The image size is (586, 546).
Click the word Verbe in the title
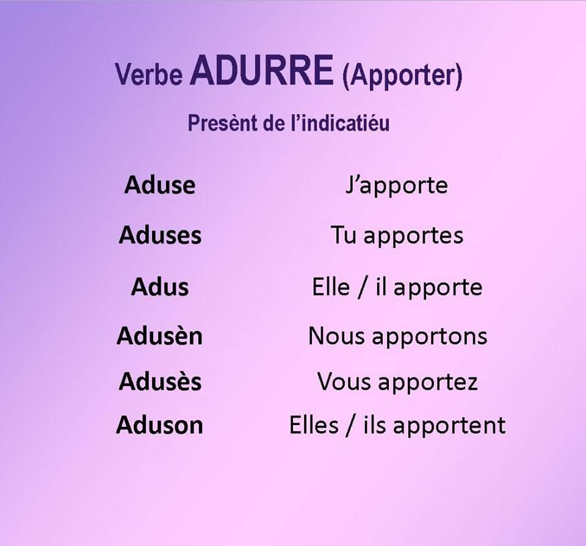(x=149, y=74)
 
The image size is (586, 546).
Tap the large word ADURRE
(x=262, y=70)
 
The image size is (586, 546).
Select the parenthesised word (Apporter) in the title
(x=402, y=76)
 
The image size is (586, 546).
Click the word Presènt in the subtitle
(x=223, y=123)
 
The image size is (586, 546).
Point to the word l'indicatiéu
(x=340, y=123)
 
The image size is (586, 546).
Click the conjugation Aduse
(x=160, y=184)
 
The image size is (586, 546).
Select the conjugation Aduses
(x=161, y=235)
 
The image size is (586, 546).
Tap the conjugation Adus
(x=160, y=287)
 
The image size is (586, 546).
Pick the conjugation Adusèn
(x=159, y=335)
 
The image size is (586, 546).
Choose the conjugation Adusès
(x=161, y=381)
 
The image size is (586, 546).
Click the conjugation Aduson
(x=159, y=425)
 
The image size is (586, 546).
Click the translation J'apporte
(x=397, y=186)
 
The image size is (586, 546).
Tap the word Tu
(x=344, y=236)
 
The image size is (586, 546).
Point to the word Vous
(x=344, y=382)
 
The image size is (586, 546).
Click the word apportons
(x=430, y=337)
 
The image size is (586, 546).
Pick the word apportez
(x=429, y=383)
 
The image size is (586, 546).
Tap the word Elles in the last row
(x=314, y=425)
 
